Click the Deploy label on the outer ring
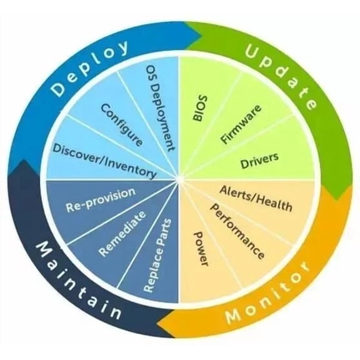(89, 68)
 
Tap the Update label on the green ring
(281, 76)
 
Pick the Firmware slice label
(241, 124)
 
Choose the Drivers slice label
(259, 161)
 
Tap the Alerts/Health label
(256, 199)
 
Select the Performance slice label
(237, 231)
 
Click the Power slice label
(201, 249)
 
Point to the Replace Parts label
(157, 256)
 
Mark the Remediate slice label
(122, 234)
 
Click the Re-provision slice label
(101, 200)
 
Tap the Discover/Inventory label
(104, 161)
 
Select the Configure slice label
(122, 125)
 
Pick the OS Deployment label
(161, 108)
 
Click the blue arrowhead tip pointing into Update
(201, 36)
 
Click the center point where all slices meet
(179, 180)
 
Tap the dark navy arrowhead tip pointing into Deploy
(23, 160)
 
